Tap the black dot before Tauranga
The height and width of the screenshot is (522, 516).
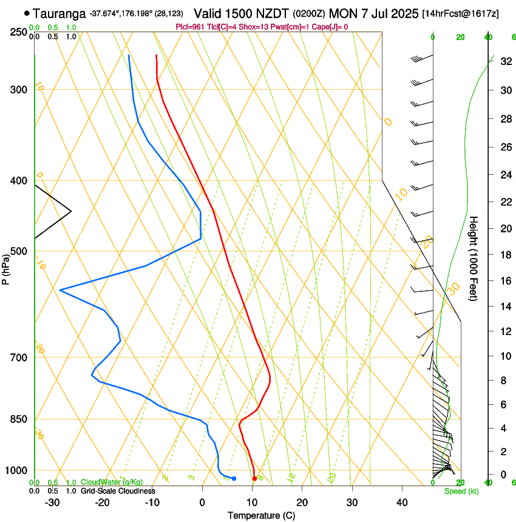(x=27, y=13)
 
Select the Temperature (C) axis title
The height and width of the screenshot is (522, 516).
(x=261, y=515)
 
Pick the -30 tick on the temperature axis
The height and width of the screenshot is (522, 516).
(x=52, y=503)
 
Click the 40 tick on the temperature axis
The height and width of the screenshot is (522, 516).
(x=402, y=503)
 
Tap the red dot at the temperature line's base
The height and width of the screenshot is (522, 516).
(x=254, y=479)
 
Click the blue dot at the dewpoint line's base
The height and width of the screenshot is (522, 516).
(x=234, y=479)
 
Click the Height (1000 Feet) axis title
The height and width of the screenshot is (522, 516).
(x=474, y=258)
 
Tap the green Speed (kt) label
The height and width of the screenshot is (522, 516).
(x=461, y=490)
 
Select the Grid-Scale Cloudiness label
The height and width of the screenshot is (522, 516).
(x=118, y=490)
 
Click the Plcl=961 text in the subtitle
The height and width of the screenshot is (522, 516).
(x=190, y=27)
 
